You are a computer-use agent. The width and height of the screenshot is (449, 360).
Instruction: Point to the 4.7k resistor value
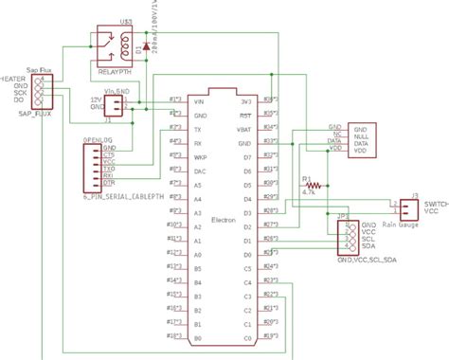click(309, 192)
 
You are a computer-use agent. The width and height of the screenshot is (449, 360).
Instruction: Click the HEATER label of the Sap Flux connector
click(11, 80)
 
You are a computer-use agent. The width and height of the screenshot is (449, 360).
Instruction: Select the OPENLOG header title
click(91, 139)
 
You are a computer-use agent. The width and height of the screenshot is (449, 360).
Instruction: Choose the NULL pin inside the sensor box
click(360, 135)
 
